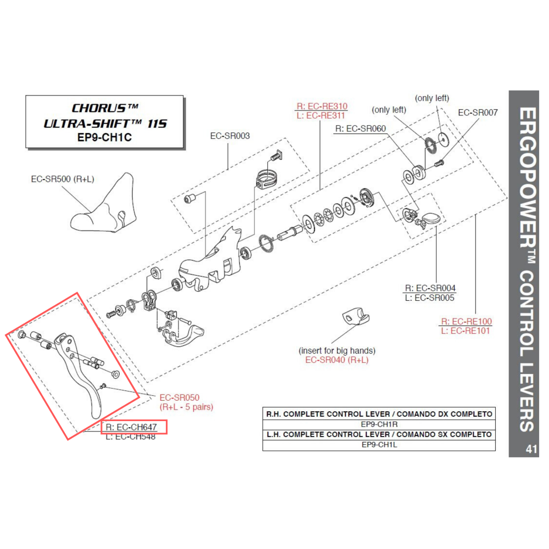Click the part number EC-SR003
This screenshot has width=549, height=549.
point(230,136)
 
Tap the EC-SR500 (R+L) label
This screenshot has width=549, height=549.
point(61,179)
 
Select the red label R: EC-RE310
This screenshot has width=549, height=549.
point(322,107)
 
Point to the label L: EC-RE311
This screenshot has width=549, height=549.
point(322,116)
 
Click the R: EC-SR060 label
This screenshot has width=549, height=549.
point(361,129)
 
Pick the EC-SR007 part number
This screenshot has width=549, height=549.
point(478,113)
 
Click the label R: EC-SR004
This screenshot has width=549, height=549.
point(430,288)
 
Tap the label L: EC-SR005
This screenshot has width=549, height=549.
point(430,298)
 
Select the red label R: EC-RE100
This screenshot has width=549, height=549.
point(467,321)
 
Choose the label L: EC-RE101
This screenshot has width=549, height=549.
point(467,330)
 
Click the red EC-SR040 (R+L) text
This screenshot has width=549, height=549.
point(337,360)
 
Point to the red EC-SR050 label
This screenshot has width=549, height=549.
point(179,397)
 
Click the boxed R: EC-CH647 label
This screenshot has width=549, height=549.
point(133,427)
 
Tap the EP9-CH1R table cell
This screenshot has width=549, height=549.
point(378,424)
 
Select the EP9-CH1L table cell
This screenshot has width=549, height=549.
point(378,444)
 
